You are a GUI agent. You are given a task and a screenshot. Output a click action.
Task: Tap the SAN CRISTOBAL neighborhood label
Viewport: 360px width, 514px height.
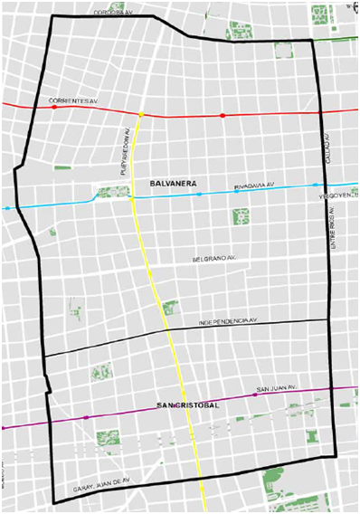[188, 405]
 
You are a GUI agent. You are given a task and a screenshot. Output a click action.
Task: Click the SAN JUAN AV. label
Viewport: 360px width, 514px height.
[277, 389]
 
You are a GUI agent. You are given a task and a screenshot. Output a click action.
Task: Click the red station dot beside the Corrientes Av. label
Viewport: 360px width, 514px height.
[54, 107]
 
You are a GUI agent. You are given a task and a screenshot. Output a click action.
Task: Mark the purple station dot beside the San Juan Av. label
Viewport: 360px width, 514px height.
[255, 395]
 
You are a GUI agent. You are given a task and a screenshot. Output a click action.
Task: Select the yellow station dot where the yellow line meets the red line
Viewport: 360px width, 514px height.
[141, 114]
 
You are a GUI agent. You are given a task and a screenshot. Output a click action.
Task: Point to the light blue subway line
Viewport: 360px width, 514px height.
[54, 204]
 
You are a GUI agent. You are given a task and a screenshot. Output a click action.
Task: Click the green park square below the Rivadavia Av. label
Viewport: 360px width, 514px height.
[241, 216]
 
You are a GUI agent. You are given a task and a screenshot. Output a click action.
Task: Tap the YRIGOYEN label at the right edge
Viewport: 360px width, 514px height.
[345, 194]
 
